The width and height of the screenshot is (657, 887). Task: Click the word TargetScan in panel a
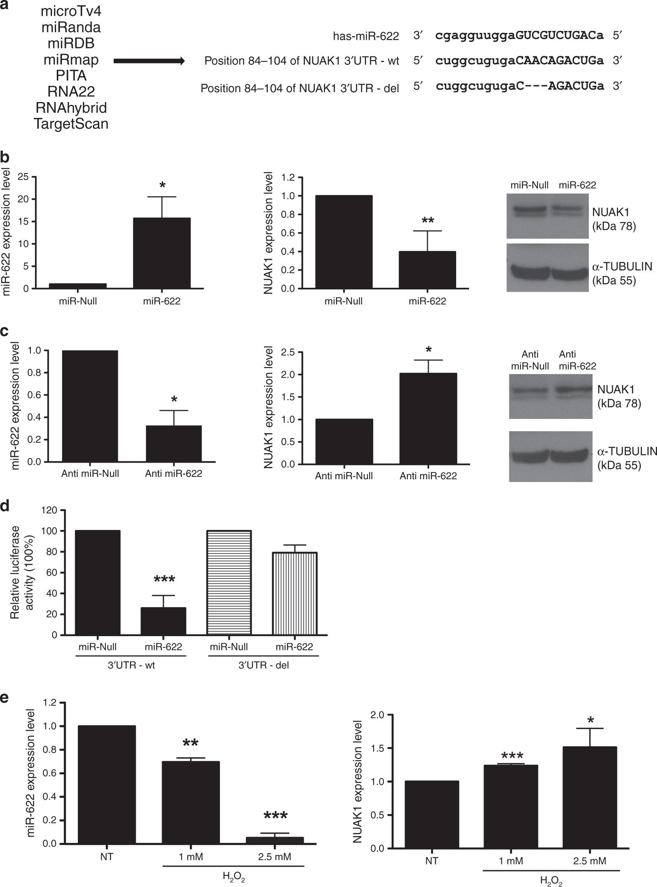pos(71,124)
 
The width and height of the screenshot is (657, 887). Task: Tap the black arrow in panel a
pos(149,61)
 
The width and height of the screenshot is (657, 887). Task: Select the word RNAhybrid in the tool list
pos(71,108)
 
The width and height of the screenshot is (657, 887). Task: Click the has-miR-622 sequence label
pos(366,37)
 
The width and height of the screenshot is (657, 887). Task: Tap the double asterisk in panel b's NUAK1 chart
pos(428,221)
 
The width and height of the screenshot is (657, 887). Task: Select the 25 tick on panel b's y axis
pos(23,177)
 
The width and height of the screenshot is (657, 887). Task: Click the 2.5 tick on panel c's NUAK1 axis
pos(287,353)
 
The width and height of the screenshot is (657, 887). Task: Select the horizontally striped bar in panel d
pos(229,582)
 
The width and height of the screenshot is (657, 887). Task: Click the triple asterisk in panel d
pos(164,579)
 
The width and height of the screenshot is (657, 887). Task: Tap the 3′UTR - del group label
pos(263,665)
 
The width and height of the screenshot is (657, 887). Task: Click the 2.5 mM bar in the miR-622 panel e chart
pos(275,840)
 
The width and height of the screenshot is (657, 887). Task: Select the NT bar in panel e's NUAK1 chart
pos(432,815)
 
